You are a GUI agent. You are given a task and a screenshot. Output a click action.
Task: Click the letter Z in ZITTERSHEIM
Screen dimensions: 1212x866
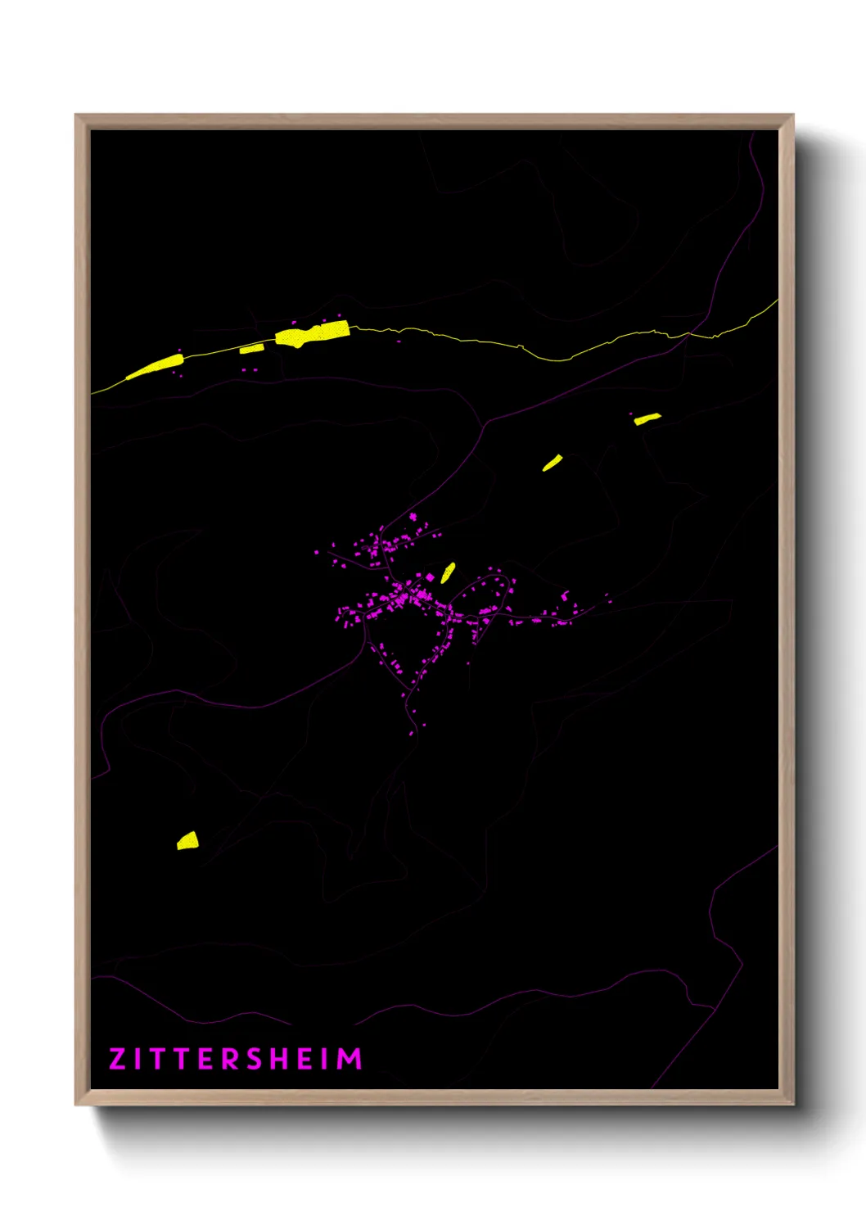(117, 1059)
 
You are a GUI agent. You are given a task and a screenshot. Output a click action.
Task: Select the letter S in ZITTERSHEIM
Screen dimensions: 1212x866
(255, 1059)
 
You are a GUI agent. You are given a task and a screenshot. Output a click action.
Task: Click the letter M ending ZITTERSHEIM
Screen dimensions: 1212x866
(350, 1059)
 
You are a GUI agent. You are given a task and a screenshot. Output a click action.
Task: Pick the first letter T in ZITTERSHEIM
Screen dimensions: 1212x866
(155, 1059)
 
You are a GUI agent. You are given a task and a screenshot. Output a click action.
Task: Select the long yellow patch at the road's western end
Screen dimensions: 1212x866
(156, 366)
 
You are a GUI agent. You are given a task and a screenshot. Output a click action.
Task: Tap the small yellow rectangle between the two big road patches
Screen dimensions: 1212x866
(251, 349)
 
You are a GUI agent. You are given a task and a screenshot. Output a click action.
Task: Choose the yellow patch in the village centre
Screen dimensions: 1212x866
(448, 572)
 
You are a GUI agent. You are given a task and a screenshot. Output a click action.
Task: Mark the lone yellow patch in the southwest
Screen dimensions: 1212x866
(187, 841)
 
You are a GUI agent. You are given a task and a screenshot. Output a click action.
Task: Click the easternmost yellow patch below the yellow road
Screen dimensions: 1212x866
(647, 418)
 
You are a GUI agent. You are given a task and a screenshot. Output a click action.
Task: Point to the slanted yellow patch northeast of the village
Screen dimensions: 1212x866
(553, 463)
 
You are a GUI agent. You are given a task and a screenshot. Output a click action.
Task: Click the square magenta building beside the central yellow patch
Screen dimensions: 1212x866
(431, 577)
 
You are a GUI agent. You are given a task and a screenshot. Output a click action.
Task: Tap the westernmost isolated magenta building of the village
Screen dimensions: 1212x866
(317, 553)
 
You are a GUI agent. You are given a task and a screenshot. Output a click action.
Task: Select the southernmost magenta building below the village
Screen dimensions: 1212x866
(412, 733)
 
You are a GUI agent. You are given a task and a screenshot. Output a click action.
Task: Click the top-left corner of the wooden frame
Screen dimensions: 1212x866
(76, 115)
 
